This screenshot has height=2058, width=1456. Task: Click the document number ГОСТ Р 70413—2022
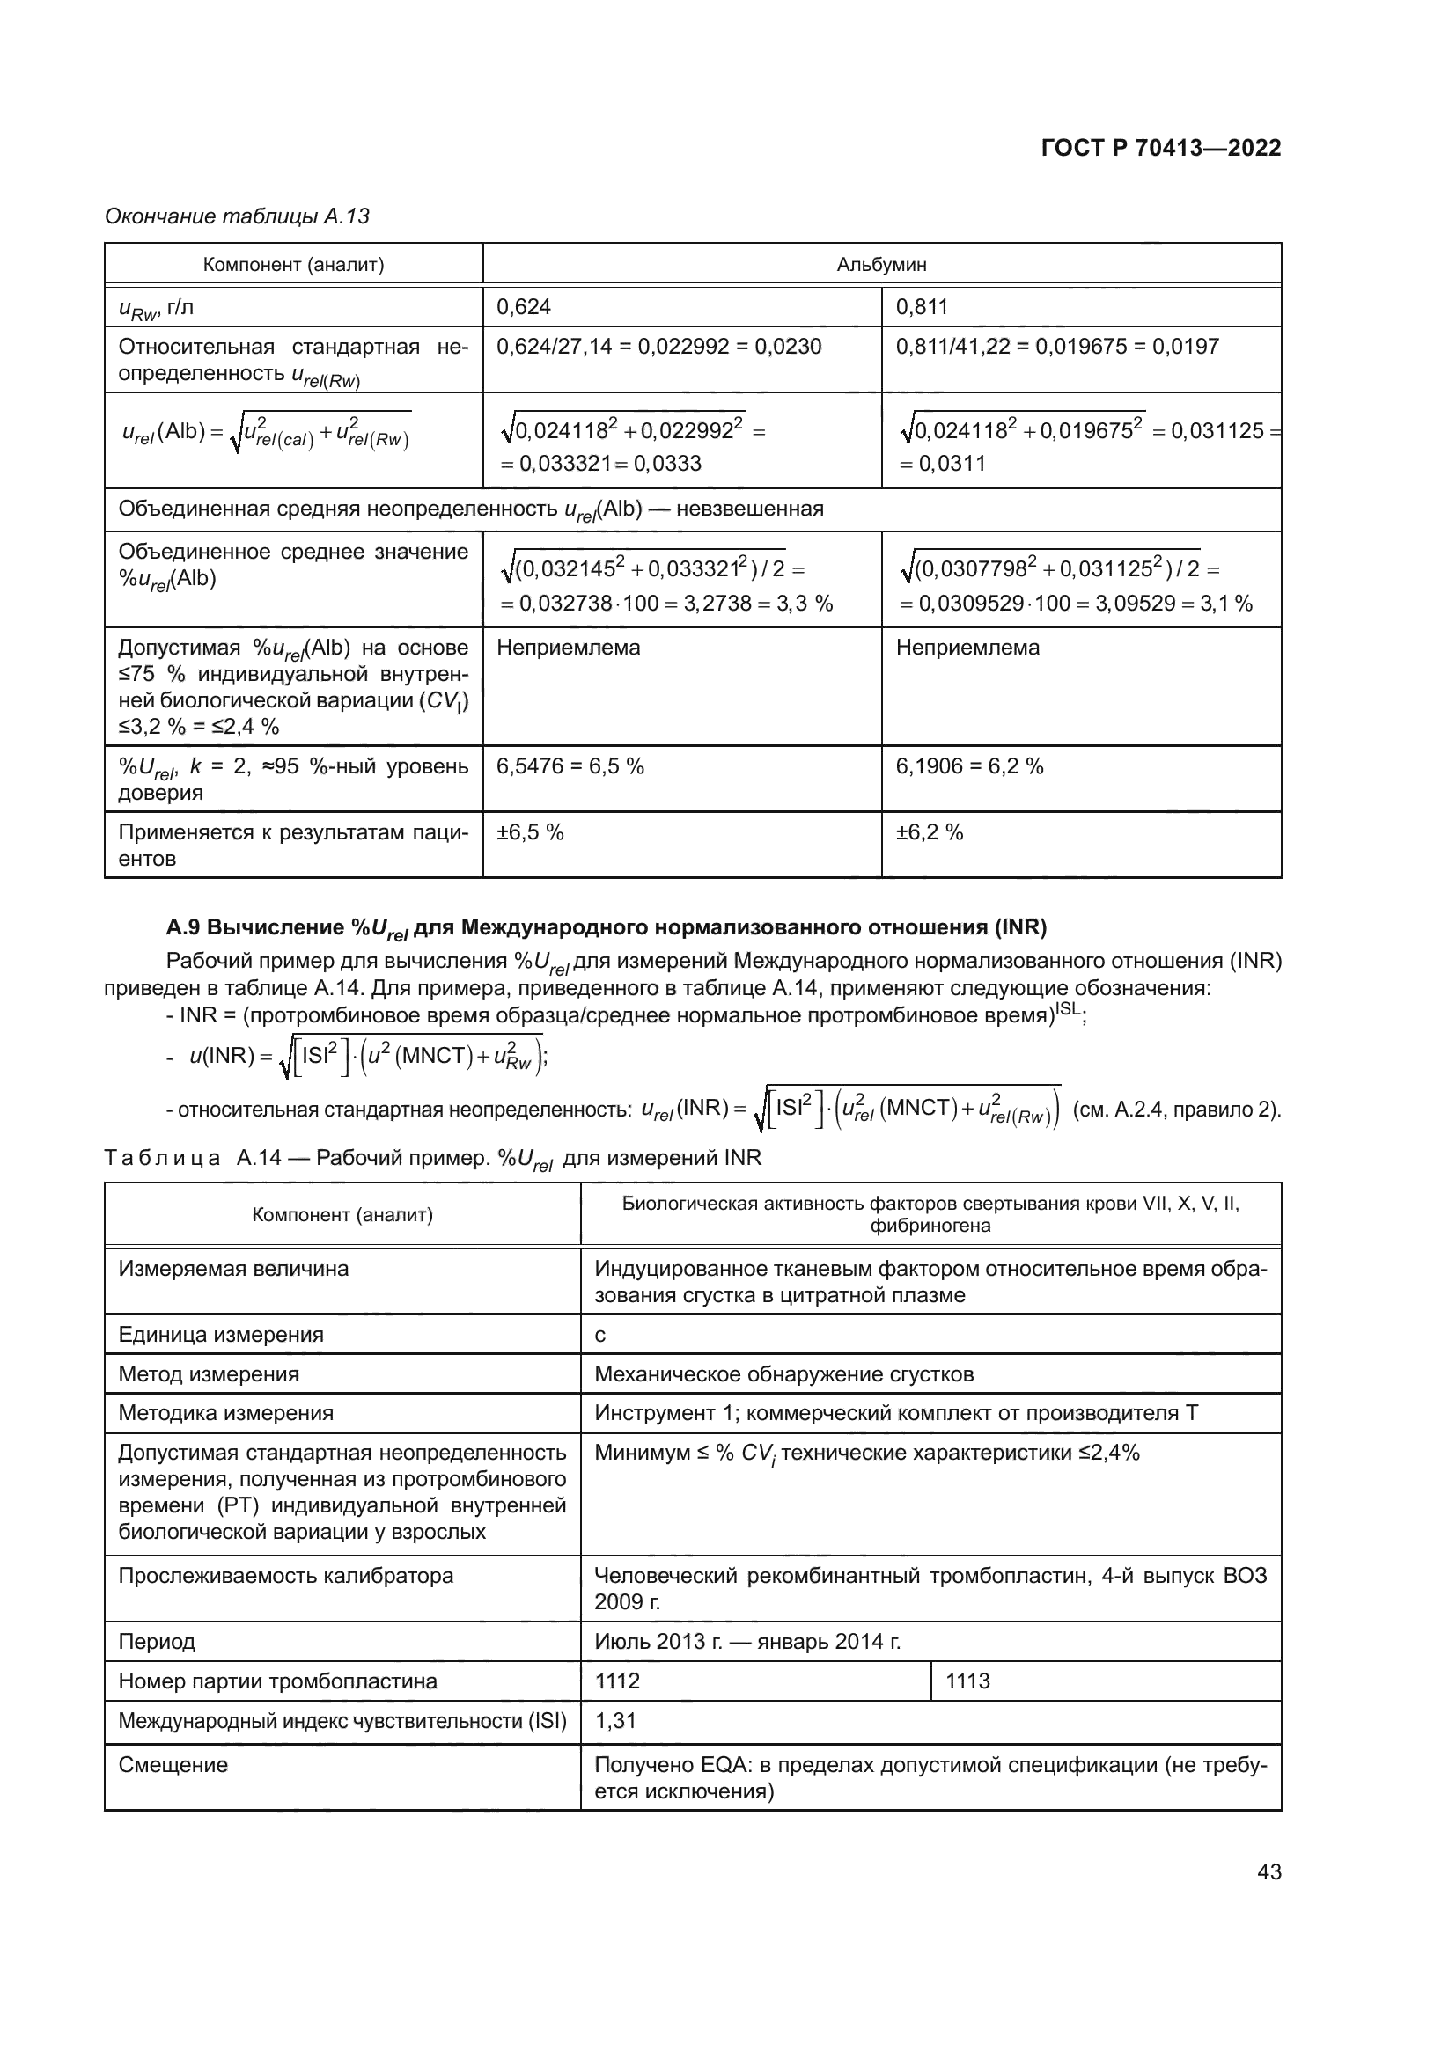point(1161,148)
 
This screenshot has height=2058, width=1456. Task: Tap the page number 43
point(1268,1871)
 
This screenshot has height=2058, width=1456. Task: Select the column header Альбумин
point(880,265)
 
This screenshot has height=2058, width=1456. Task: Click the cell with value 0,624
point(524,306)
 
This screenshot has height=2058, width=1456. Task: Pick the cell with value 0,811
point(922,306)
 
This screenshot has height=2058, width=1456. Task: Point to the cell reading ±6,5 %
point(530,831)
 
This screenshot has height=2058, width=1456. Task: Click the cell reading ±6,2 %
point(930,831)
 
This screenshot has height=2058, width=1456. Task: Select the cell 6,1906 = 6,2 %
point(969,765)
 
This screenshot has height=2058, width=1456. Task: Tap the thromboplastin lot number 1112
point(618,1681)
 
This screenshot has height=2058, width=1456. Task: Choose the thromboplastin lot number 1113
point(967,1681)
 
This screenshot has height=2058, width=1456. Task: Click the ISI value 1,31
point(615,1720)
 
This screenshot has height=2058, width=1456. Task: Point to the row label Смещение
point(173,1764)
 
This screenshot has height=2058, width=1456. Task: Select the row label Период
point(157,1641)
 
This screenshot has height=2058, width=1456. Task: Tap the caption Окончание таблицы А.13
point(237,216)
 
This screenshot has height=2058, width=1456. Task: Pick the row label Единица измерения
point(221,1335)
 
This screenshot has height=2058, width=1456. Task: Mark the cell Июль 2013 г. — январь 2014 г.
point(746,1641)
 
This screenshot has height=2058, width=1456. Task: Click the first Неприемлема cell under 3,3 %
point(568,648)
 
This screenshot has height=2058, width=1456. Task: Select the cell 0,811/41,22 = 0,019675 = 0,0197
point(1057,346)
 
